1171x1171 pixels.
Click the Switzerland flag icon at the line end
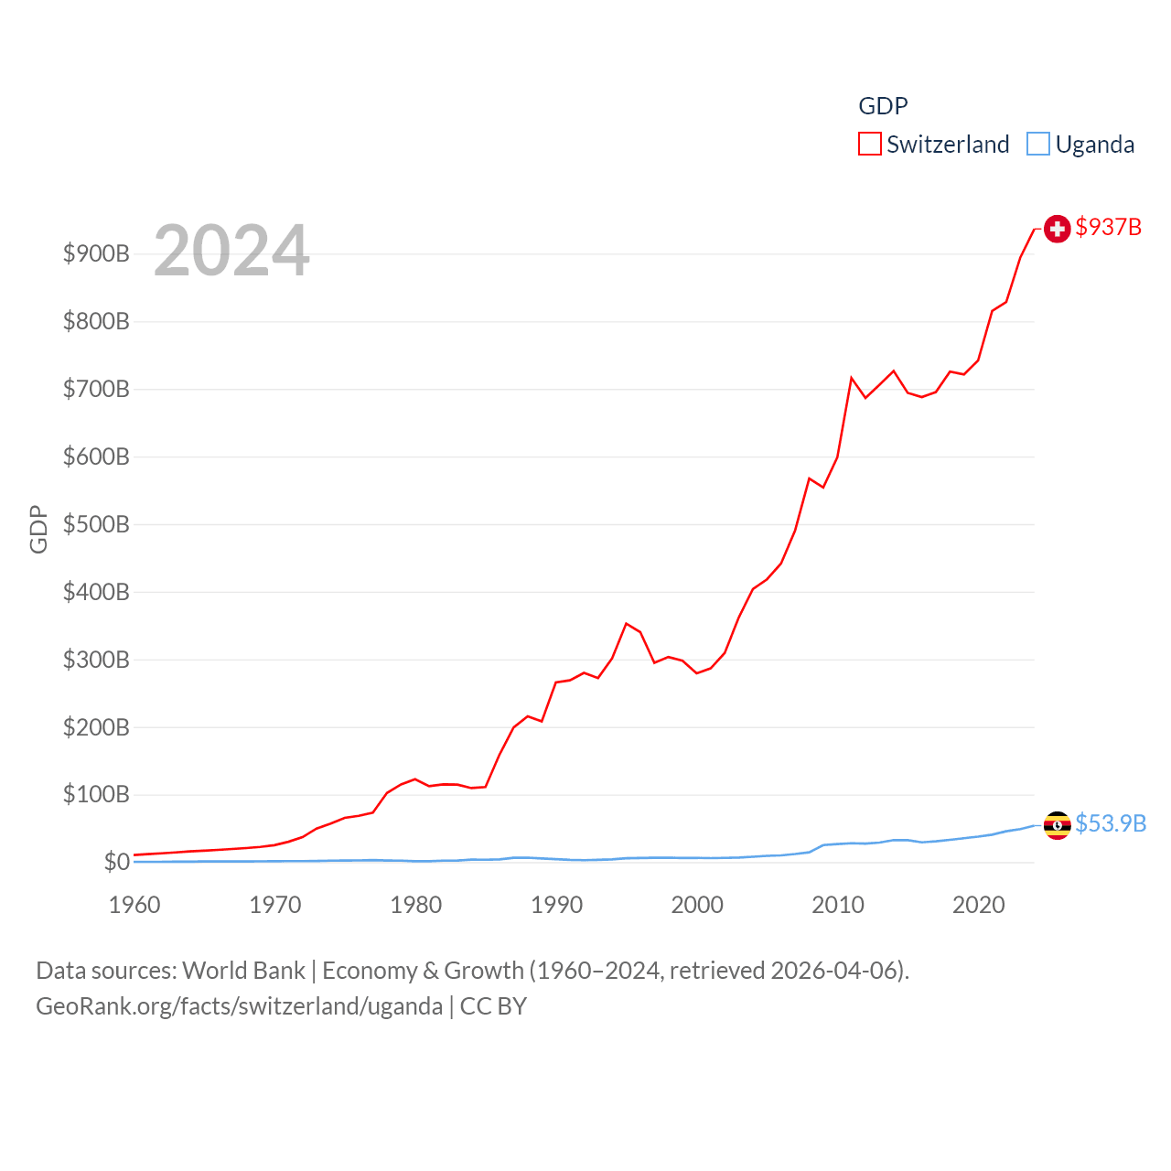click(1057, 229)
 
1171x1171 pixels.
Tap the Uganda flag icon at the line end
click(1057, 825)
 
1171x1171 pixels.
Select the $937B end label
click(1108, 227)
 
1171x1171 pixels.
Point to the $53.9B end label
click(1110, 823)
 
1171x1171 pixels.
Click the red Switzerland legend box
click(869, 145)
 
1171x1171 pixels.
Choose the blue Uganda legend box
click(1037, 145)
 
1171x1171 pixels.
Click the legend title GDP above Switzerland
click(883, 106)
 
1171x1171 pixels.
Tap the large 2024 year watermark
click(231, 251)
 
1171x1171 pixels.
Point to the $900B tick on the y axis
click(96, 253)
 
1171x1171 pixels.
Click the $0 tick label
click(116, 862)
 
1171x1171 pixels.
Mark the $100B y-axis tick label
click(96, 794)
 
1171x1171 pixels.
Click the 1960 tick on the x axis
click(134, 905)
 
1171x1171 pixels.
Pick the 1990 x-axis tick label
click(556, 905)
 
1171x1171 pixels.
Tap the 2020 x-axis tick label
click(978, 905)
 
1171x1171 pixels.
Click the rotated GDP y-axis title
click(38, 529)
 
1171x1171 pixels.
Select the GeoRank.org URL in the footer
click(239, 1006)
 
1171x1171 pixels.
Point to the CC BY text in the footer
click(493, 1006)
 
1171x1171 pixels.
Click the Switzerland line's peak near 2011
click(852, 378)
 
